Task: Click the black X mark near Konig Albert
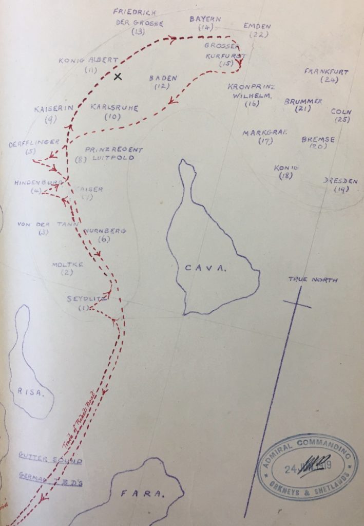tap(118, 77)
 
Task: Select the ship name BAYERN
tap(205, 19)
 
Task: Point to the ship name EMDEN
tap(257, 25)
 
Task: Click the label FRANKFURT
tap(326, 71)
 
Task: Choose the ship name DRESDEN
tap(340, 181)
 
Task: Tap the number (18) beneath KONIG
tap(286, 176)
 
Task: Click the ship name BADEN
tap(163, 78)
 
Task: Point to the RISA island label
tap(29, 392)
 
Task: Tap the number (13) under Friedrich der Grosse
tap(138, 32)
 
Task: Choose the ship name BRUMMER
tap(303, 101)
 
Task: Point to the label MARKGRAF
tap(265, 133)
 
